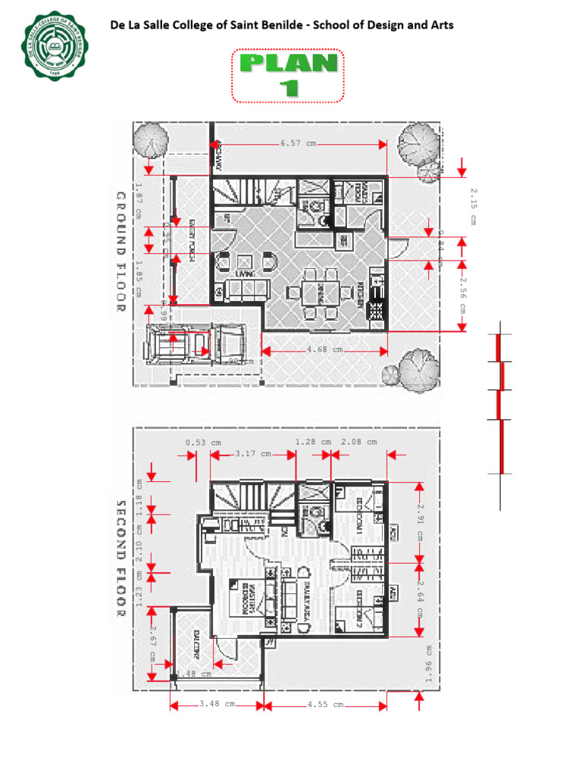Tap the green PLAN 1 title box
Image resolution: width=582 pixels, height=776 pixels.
[288, 74]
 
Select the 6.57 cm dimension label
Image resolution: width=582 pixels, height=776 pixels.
[297, 143]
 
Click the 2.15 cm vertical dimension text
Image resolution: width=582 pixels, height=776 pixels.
[471, 205]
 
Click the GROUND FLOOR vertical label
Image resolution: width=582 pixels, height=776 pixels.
[120, 252]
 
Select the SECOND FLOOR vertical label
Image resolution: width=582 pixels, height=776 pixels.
[120, 559]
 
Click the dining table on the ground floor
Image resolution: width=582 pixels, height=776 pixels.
[317, 291]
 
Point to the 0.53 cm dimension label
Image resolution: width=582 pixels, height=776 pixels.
[203, 443]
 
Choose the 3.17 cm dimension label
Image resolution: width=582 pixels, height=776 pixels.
[252, 454]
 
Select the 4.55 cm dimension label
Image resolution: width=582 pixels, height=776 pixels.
[326, 704]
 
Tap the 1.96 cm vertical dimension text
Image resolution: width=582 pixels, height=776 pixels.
[428, 664]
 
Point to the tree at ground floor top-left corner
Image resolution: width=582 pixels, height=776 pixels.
[149, 140]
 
